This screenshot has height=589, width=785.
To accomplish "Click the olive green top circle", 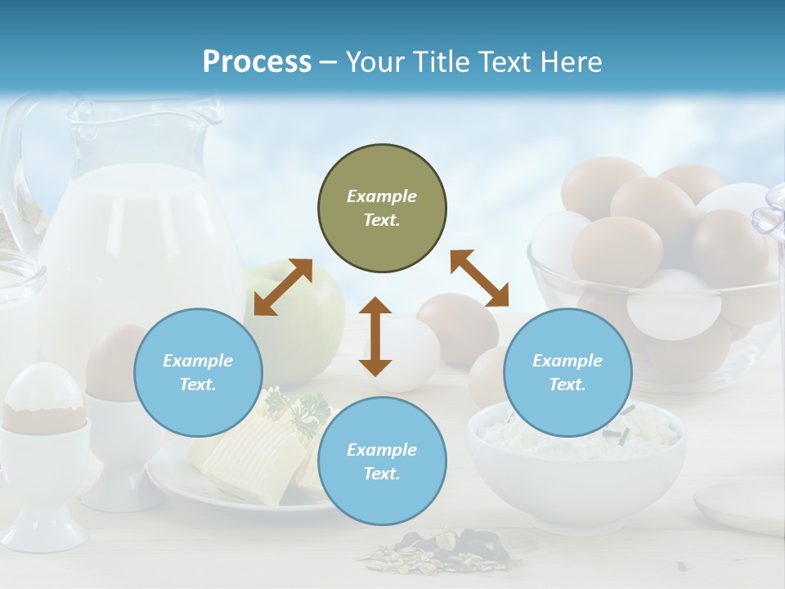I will (x=382, y=209).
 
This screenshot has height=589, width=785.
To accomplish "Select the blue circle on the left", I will (x=198, y=372).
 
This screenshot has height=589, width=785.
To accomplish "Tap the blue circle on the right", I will (x=567, y=372).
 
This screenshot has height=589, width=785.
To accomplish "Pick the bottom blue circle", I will (x=382, y=461).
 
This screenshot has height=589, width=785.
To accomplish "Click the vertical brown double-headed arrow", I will (x=375, y=336).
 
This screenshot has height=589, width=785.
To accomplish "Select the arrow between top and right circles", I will (x=479, y=278).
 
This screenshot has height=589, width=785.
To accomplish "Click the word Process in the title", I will (x=257, y=62).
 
